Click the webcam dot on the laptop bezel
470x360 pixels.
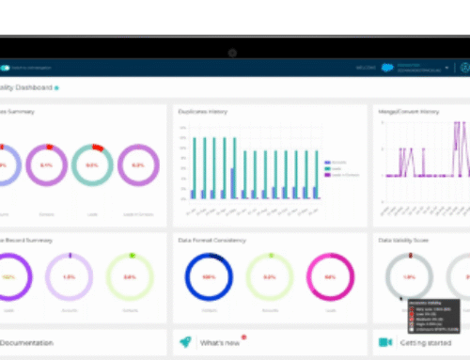232,52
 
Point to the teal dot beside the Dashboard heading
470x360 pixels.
56,88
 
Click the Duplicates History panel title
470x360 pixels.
203,110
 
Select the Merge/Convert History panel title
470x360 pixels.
404,110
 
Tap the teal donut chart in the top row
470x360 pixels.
92,164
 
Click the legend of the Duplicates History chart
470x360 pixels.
337,169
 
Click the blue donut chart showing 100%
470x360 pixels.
208,278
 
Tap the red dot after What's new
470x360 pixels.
244,337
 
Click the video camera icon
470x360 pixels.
384,344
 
